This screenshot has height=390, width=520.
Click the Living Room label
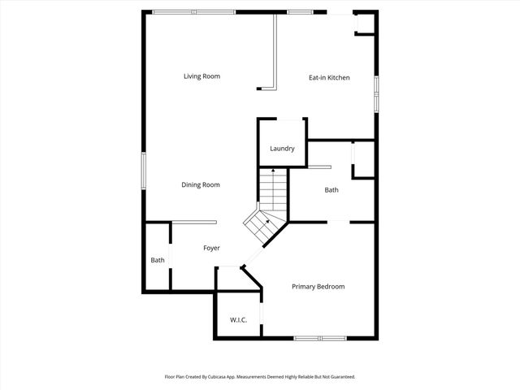click(x=201, y=76)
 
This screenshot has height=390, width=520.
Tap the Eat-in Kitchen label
click(x=329, y=77)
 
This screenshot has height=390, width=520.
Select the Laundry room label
click(x=282, y=149)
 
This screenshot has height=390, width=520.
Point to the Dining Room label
click(x=201, y=184)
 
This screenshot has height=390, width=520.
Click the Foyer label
click(x=211, y=248)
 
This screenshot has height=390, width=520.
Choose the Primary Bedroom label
click(x=318, y=287)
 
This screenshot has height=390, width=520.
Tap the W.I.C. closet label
click(x=239, y=320)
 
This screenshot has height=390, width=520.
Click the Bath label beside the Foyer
click(x=158, y=260)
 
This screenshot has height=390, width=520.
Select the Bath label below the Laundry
click(x=331, y=190)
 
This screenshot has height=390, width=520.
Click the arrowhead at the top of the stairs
click(x=273, y=171)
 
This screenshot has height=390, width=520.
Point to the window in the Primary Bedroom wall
click(x=319, y=337)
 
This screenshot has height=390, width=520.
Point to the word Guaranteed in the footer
click(x=340, y=377)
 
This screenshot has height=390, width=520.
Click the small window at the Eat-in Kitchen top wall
click(x=301, y=11)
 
